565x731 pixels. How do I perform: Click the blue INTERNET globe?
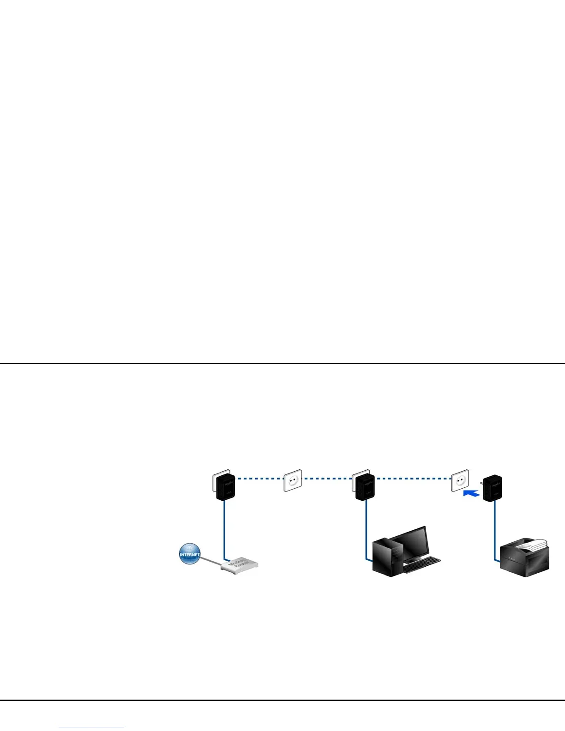coord(190,554)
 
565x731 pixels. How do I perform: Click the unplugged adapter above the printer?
coord(492,488)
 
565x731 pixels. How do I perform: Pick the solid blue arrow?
coord(471,494)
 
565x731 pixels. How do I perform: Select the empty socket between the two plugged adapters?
coord(293,480)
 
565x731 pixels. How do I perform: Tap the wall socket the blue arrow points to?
coord(460,480)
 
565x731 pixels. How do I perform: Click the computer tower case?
coord(386,557)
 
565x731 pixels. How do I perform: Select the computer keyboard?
coord(422,564)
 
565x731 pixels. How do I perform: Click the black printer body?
coord(524,561)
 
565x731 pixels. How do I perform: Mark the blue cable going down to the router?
coord(224,531)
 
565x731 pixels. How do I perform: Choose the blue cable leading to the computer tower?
coord(367,531)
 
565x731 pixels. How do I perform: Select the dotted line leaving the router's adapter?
coord(258,479)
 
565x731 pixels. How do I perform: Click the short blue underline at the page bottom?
coord(91,727)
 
